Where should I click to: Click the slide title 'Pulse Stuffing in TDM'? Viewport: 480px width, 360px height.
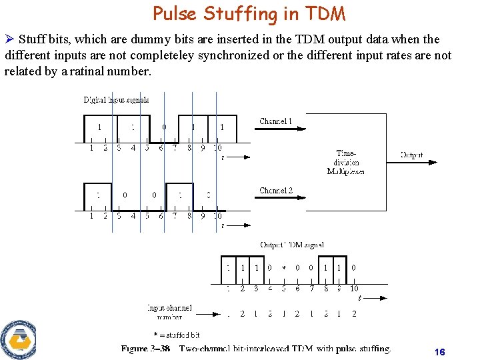click(249, 13)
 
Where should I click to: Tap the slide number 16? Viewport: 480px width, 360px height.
click(439, 352)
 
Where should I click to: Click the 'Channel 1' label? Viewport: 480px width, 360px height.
click(275, 121)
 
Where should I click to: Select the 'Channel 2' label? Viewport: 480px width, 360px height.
click(275, 191)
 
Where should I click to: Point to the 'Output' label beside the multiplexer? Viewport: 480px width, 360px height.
click(411, 155)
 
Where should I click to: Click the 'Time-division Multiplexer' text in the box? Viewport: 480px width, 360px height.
click(345, 162)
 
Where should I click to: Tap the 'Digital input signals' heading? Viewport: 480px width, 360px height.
click(116, 100)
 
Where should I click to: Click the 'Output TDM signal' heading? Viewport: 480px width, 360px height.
click(291, 245)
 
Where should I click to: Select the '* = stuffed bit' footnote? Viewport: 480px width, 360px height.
click(176, 335)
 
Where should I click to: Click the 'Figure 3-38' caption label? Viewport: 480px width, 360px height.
click(145, 349)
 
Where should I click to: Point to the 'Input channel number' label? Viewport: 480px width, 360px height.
click(169, 313)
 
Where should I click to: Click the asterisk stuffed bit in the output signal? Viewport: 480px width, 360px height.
click(284, 268)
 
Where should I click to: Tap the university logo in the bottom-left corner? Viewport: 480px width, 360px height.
click(17, 339)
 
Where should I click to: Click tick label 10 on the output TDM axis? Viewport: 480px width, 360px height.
click(354, 289)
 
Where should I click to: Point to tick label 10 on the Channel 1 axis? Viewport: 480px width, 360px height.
click(217, 148)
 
